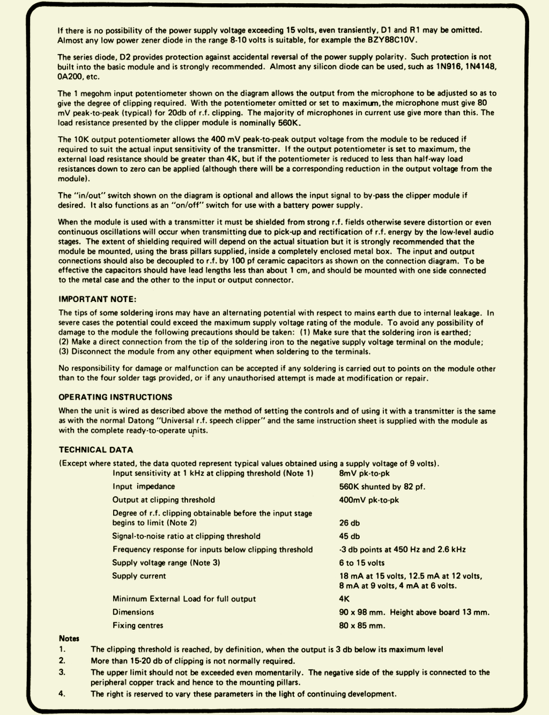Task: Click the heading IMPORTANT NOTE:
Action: [x=97, y=299]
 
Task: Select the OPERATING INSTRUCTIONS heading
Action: [x=115, y=397]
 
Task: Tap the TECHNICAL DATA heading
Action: [x=96, y=450]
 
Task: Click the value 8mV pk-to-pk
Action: [x=364, y=474]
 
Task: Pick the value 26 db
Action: [x=350, y=523]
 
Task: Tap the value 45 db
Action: [x=350, y=536]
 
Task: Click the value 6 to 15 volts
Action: [x=362, y=563]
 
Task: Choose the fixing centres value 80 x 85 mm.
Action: [x=362, y=625]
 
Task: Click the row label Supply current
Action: [x=139, y=576]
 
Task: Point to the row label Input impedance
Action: [x=144, y=487]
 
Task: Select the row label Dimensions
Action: [x=133, y=613]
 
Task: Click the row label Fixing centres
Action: [x=138, y=625]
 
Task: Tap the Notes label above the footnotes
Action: [x=69, y=639]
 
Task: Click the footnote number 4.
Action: [x=62, y=694]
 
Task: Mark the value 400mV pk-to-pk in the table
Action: [x=369, y=500]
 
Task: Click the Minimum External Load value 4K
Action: [x=344, y=599]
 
